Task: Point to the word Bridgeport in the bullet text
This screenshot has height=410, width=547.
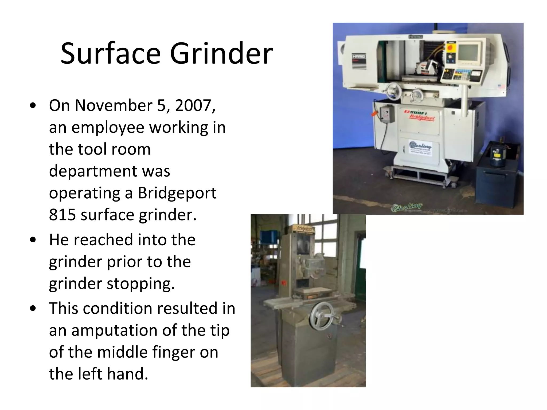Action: [177, 193]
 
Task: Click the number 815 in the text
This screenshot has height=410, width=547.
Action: [62, 215]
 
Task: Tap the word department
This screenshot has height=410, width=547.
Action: [110, 171]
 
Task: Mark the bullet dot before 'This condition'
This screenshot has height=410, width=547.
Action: [33, 309]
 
